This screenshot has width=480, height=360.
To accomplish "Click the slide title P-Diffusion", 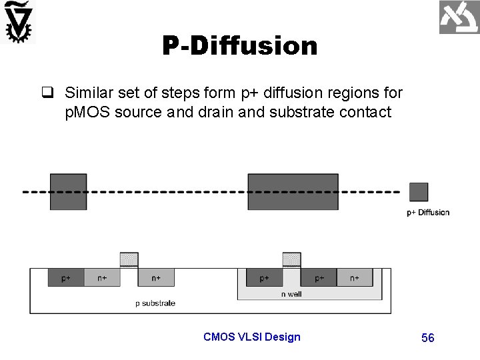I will [239, 46].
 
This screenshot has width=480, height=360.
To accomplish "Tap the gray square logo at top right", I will [458, 18].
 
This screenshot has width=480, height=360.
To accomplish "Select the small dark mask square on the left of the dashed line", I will [68, 191].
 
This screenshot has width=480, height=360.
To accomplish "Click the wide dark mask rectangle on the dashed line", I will [293, 191].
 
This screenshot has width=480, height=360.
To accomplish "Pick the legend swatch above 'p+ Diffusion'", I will [419, 192].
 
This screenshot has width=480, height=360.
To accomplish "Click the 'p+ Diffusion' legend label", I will [428, 213].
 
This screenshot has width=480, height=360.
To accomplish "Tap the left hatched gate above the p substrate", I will [129, 259].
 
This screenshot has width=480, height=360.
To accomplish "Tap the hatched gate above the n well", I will [292, 259].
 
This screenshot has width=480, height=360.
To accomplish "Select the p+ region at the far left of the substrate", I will [66, 277].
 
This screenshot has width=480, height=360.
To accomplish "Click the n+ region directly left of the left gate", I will [102, 277].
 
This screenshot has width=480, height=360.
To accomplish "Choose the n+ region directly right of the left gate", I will [156, 277].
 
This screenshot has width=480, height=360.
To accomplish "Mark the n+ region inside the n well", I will [354, 277].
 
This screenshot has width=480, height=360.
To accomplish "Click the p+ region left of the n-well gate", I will [265, 277].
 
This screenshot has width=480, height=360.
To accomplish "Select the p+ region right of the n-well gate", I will [319, 277].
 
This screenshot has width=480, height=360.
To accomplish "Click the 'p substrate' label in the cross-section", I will [155, 303].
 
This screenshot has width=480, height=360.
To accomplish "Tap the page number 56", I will [428, 338].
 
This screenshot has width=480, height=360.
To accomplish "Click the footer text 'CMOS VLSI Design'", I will [252, 337].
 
